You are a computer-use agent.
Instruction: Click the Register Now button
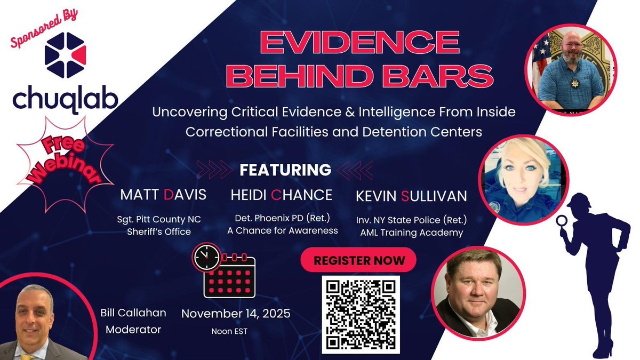(x=358, y=261)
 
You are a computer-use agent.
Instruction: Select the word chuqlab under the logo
(x=66, y=99)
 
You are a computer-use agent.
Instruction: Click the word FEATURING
(x=285, y=170)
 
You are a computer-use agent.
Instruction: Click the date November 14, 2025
(x=236, y=314)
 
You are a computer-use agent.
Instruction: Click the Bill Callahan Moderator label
(x=133, y=322)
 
